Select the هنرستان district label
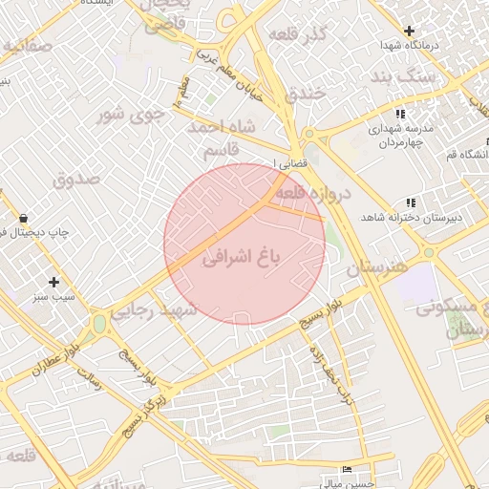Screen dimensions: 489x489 click(376, 267)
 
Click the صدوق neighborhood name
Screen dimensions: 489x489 click(76, 179)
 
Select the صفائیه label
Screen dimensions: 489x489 click(26, 46)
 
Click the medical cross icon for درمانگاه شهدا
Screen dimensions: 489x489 click(410, 31)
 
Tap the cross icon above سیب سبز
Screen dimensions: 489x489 click(54, 282)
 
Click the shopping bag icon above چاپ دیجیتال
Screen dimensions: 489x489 click(23, 218)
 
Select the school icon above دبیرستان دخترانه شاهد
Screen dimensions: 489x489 click(411, 202)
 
